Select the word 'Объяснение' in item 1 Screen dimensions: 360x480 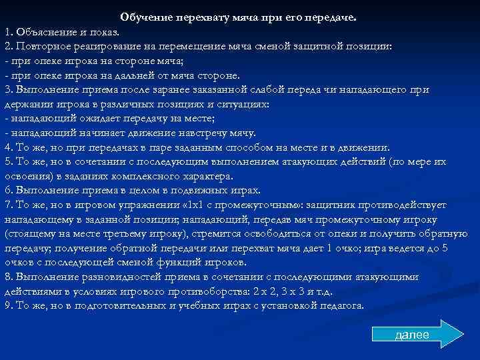pyautogui.click(x=43, y=32)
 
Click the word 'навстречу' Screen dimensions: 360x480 pyautogui.click(x=201, y=133)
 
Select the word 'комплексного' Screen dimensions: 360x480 pyautogui.click(x=153, y=176)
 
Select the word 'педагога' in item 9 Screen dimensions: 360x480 pyautogui.click(x=339, y=306)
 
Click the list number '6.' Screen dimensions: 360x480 pyautogui.click(x=8, y=191)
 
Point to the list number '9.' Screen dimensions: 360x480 pyautogui.click(x=8, y=306)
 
